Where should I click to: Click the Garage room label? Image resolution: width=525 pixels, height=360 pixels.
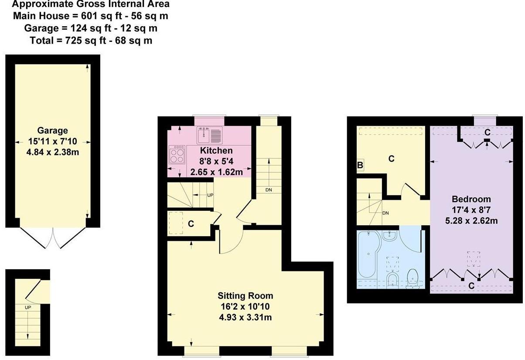52,130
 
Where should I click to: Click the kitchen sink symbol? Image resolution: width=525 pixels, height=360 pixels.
210,135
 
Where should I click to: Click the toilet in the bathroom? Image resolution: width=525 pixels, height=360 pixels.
412,278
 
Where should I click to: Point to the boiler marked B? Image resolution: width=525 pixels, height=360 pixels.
360,165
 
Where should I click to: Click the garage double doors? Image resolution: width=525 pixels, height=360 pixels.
53,238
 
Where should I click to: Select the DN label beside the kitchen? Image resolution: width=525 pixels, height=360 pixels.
268,190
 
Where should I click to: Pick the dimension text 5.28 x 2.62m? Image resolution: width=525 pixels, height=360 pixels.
471,221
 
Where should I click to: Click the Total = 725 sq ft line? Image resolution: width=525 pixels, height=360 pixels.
91,41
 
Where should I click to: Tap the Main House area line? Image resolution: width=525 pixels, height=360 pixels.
91,16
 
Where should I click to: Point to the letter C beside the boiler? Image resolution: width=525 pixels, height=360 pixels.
391,159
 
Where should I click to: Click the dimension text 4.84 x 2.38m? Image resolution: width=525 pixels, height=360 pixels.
52,152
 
